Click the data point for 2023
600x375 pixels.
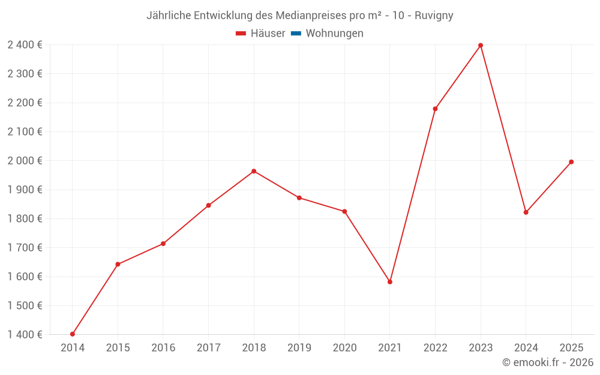pos(481,46)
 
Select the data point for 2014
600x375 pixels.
pos(73,334)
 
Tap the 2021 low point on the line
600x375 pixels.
pos(390,281)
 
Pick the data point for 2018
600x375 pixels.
pos(254,171)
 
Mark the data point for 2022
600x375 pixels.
pos(435,109)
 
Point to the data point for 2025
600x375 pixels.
pos(571,162)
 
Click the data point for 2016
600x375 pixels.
pos(163,244)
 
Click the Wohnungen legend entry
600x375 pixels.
pos(334,34)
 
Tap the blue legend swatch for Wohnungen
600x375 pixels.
pos(296,34)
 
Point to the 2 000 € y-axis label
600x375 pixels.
pos(25,161)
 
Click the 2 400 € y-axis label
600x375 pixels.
pos(25,45)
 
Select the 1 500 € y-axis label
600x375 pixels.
pos(25,305)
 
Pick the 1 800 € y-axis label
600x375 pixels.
pos(25,218)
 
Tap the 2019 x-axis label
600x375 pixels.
pos(299,348)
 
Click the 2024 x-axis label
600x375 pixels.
pos(526,348)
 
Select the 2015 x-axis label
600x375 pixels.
pos(118,348)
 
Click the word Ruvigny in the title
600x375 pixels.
pos(434,16)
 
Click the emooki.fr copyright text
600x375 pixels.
pos(548,362)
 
